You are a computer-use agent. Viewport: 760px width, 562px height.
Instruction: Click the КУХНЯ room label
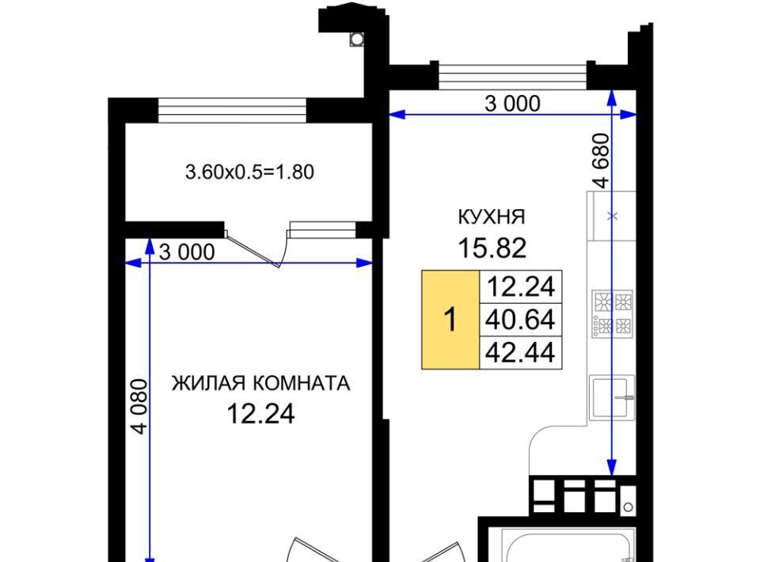coord(492,217)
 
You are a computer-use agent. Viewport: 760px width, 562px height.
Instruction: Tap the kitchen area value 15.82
coord(492,248)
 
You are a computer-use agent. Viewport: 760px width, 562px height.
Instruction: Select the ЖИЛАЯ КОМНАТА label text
coord(260,383)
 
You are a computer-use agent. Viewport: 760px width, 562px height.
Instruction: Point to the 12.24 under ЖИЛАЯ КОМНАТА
coord(260,414)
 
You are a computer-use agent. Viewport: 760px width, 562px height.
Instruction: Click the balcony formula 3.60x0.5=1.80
coord(249,172)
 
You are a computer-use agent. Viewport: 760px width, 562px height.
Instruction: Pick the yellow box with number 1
coord(450,320)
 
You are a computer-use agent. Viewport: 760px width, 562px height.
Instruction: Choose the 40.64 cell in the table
coord(521,320)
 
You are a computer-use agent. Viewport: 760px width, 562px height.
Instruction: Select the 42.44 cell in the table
coord(521,352)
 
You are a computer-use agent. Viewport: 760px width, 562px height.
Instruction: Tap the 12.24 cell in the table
coord(521,287)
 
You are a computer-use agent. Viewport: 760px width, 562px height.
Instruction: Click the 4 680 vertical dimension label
coord(601,161)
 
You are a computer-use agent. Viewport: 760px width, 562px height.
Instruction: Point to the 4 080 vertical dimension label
coord(139,407)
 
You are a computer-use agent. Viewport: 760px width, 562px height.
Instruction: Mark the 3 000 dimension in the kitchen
coord(512,104)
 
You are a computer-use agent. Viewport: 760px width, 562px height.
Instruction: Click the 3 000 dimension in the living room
coord(187,252)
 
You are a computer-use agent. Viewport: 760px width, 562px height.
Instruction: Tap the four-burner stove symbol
coord(612,314)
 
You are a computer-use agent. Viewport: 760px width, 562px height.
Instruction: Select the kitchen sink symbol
coord(612,397)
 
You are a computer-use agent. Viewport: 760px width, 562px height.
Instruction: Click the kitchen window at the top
coord(513,75)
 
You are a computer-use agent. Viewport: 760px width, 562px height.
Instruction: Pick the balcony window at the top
coord(233,111)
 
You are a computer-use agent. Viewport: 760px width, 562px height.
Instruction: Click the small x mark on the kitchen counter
coord(613,216)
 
